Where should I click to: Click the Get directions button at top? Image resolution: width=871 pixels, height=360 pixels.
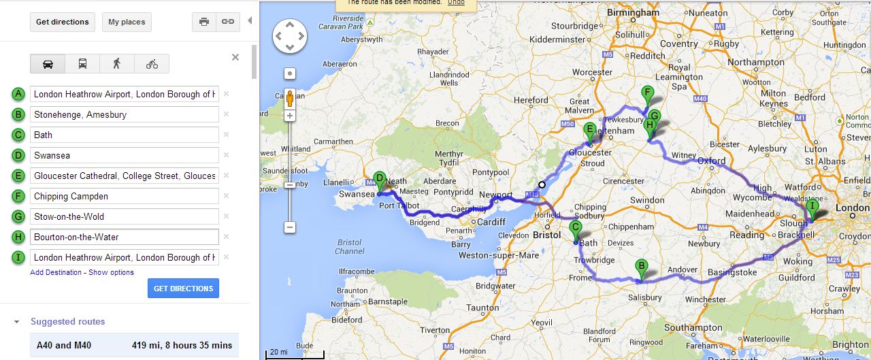[x=62, y=22]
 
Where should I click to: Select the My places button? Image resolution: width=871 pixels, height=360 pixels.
[x=127, y=22]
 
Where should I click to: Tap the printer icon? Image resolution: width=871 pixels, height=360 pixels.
[x=203, y=22]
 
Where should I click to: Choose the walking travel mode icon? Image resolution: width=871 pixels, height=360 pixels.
[x=117, y=64]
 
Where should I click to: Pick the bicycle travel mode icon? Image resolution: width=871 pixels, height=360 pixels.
[x=152, y=64]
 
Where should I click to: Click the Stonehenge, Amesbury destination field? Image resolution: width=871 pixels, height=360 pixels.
[x=124, y=114]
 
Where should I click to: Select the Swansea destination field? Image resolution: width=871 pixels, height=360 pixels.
[x=124, y=155]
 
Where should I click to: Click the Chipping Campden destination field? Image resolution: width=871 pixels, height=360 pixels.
[x=124, y=196]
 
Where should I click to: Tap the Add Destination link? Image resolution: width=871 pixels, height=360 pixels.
[x=56, y=272]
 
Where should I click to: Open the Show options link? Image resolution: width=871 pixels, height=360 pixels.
[x=111, y=272]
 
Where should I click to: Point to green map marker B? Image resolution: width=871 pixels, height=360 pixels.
[x=640, y=268]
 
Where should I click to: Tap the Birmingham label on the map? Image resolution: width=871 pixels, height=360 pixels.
[x=634, y=12]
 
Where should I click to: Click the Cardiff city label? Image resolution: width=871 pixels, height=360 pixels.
[x=491, y=222]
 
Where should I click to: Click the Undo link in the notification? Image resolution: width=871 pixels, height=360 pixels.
[x=456, y=2]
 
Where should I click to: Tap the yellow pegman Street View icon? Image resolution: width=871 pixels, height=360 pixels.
[x=290, y=99]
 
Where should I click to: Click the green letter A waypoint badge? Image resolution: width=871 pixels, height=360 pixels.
[x=18, y=94]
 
